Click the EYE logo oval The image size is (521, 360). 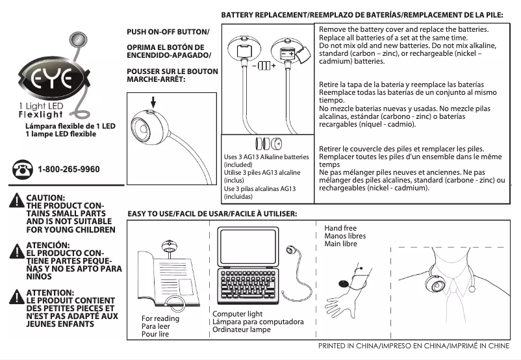tap(55, 80)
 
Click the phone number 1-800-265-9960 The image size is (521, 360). tap(69, 170)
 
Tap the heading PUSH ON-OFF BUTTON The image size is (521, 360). tap(168, 32)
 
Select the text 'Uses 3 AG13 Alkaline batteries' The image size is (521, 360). tap(266, 157)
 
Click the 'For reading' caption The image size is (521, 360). tap(160, 318)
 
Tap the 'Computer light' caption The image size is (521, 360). tap(237, 315)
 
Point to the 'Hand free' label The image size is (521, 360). tap(340, 228)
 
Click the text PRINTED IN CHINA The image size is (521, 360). tap(351, 346)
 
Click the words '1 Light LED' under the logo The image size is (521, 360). tap(43, 106)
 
